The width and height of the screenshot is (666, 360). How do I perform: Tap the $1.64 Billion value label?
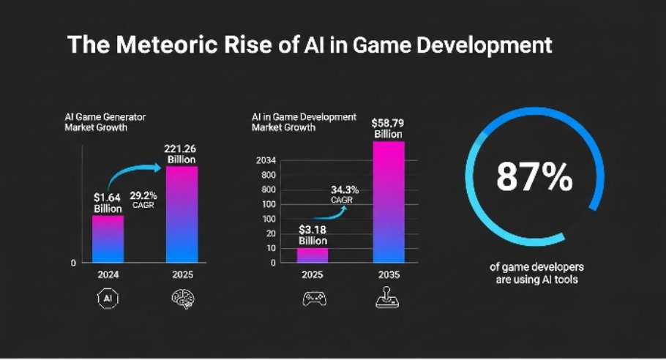click(108, 203)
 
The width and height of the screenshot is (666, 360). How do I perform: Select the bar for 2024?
click(108, 239)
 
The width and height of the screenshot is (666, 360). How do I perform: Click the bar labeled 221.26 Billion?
click(182, 214)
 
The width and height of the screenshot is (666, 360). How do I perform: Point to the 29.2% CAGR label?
click(143, 200)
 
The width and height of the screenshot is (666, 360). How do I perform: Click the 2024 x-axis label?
click(108, 275)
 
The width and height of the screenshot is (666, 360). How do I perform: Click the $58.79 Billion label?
click(389, 128)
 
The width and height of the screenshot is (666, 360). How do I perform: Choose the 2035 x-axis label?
click(389, 275)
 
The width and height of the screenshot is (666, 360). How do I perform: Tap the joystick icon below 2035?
click(389, 298)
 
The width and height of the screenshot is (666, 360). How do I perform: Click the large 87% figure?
click(534, 177)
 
